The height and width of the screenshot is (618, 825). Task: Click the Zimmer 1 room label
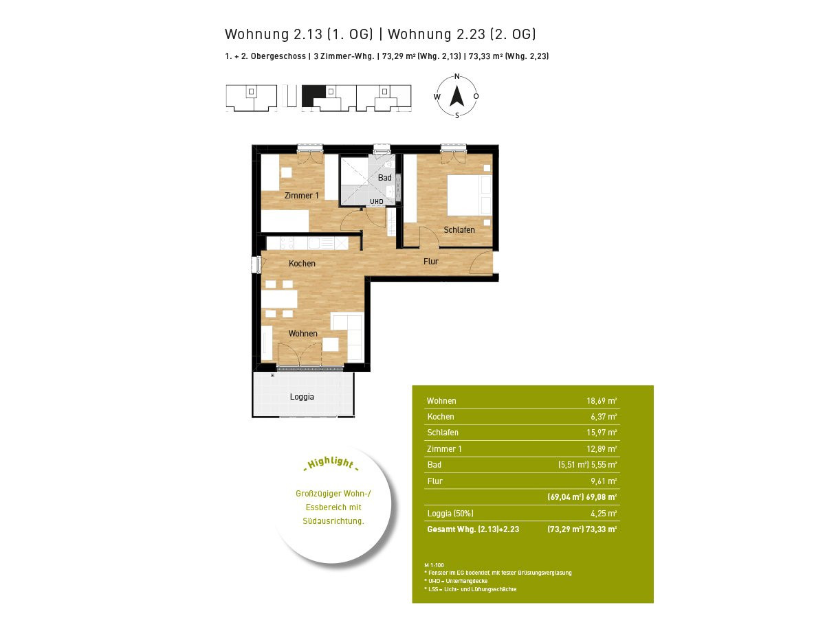tap(301, 196)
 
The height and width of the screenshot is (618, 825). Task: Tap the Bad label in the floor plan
tap(384, 177)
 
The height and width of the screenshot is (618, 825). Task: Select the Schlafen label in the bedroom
tap(459, 229)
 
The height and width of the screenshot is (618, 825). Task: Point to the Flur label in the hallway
tap(431, 261)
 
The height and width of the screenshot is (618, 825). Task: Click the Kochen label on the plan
tap(302, 264)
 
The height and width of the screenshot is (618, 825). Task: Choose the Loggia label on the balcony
tap(302, 397)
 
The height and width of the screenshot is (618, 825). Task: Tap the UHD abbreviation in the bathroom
tap(377, 201)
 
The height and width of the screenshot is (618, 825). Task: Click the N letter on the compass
tap(457, 76)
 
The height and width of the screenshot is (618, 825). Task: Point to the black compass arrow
tap(457, 96)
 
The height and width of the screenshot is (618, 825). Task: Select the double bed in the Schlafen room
tap(470, 195)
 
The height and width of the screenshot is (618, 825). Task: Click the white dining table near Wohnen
tap(279, 299)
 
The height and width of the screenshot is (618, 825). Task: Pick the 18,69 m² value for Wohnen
tap(602, 401)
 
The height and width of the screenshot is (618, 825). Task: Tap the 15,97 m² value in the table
tap(602, 433)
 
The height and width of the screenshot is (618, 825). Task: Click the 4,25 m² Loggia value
tap(604, 514)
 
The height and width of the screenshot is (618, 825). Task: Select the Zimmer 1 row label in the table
tap(444, 449)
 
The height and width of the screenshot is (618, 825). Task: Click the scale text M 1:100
tap(434, 565)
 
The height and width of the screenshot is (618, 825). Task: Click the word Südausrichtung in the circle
tap(333, 520)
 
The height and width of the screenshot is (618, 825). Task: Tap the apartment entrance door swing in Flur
tap(481, 262)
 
